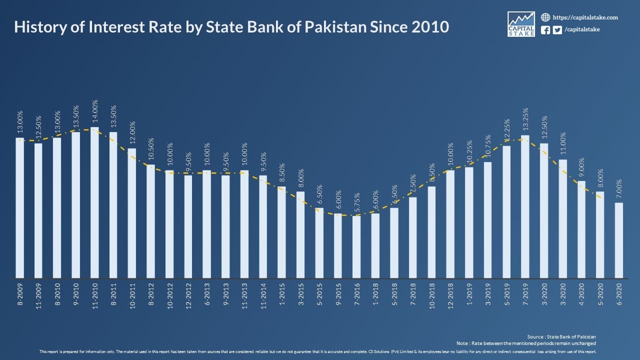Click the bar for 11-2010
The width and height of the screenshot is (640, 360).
(94, 202)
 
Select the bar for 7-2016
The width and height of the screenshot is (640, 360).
(356, 247)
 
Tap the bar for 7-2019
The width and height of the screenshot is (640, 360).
(525, 206)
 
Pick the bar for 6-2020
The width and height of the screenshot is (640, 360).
(619, 240)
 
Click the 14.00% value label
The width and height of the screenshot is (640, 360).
(95, 112)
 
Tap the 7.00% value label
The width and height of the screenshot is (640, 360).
(619, 189)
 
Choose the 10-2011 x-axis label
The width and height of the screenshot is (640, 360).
(132, 297)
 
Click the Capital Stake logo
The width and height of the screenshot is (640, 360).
(521, 24)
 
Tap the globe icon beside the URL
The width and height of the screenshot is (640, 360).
(545, 17)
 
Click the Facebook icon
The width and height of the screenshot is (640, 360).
(545, 30)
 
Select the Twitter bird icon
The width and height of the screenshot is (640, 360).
(557, 30)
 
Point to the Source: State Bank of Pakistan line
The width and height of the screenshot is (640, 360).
(561, 336)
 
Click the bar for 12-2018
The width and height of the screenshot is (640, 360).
(450, 224)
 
